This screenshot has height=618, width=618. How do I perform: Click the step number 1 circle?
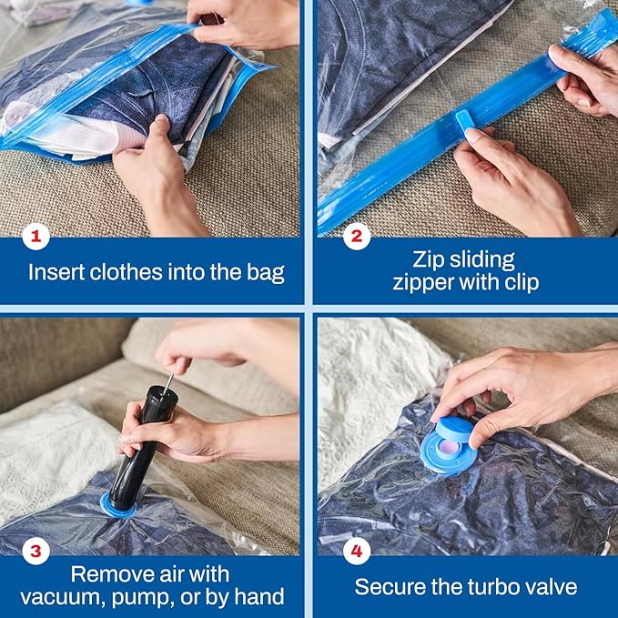35,238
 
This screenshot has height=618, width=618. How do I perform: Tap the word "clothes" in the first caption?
127,271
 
